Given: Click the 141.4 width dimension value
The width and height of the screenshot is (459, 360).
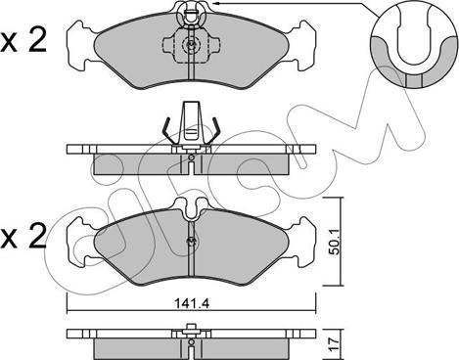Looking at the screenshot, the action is (x=192, y=304).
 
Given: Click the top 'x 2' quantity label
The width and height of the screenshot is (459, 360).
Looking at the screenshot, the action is (x=23, y=42).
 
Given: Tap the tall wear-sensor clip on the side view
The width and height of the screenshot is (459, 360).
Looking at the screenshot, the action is (x=191, y=124).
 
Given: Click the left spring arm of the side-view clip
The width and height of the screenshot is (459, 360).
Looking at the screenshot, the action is (x=167, y=130).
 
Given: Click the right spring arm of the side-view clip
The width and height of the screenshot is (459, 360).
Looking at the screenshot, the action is (x=213, y=130).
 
